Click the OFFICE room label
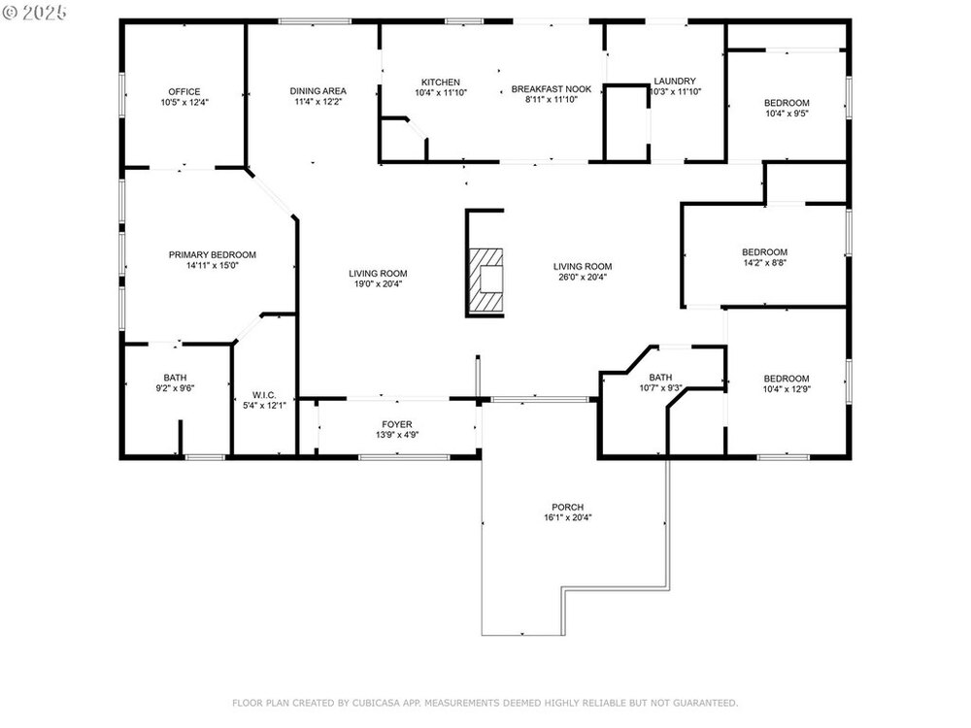(x=184, y=91)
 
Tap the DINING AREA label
(x=318, y=91)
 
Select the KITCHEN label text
(x=441, y=82)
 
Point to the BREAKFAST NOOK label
(x=552, y=89)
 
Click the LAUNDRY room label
(x=675, y=82)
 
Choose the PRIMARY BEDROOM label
(x=213, y=255)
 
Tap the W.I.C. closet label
(x=264, y=395)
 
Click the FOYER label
(x=397, y=425)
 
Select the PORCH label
(x=568, y=507)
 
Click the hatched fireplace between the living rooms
(x=485, y=279)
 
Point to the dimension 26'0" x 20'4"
(x=583, y=278)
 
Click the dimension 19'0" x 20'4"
(x=378, y=284)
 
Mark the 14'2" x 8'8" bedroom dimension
(x=765, y=262)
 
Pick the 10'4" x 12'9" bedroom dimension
(x=787, y=389)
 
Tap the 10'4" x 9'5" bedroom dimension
(x=787, y=114)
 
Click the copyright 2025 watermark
(x=34, y=13)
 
